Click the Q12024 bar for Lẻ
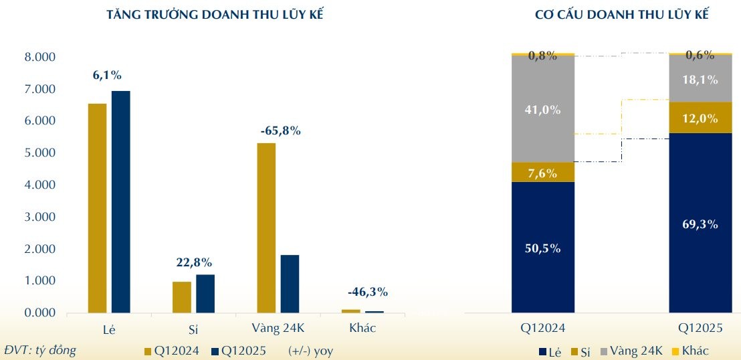pos(97,208)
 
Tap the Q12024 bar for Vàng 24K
pos(266,228)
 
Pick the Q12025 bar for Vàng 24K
pos(290,284)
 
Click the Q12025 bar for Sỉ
pos(205,293)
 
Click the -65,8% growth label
pos(280,131)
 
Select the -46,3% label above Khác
pos(367,292)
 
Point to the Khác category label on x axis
pos(362,328)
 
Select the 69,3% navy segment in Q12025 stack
pos(700,223)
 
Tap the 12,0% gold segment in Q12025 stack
pos(700,118)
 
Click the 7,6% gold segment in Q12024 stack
pos(543,173)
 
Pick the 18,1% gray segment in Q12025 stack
pos(700,80)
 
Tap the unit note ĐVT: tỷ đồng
pos(40,350)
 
